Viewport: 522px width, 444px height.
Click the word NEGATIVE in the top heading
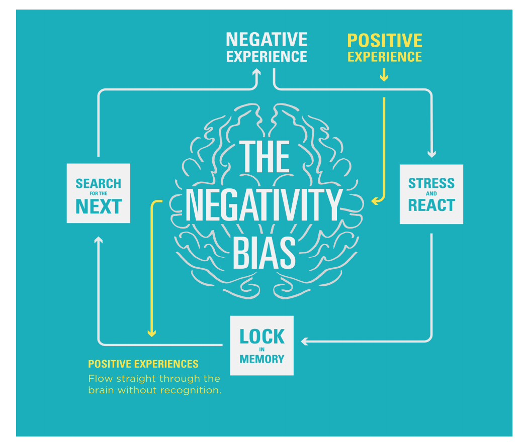pyautogui.click(x=267, y=39)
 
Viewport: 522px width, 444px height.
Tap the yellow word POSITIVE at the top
pyautogui.click(x=385, y=41)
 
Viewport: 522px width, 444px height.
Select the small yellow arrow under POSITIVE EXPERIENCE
pyautogui.click(x=384, y=76)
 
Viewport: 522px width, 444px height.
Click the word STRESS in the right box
pyautogui.click(x=431, y=183)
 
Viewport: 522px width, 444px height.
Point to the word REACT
pyautogui.click(x=431, y=205)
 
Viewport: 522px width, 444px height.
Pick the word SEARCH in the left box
pyautogui.click(x=99, y=184)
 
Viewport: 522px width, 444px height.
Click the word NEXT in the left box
pyautogui.click(x=99, y=206)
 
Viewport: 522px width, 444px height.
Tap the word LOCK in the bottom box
pyautogui.click(x=262, y=337)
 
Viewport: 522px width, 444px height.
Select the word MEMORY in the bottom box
pyautogui.click(x=262, y=359)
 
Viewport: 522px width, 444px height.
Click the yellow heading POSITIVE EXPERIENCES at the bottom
pyautogui.click(x=143, y=364)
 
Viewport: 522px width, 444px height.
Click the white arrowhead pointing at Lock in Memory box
pyautogui.click(x=304, y=342)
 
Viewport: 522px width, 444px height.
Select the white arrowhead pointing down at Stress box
pyautogui.click(x=431, y=154)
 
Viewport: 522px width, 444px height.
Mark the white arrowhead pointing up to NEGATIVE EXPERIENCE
pyautogui.click(x=256, y=73)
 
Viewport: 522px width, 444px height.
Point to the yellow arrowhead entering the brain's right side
pyautogui.click(x=374, y=201)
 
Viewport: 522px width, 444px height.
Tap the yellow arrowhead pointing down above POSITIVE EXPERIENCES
pyautogui.click(x=151, y=333)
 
